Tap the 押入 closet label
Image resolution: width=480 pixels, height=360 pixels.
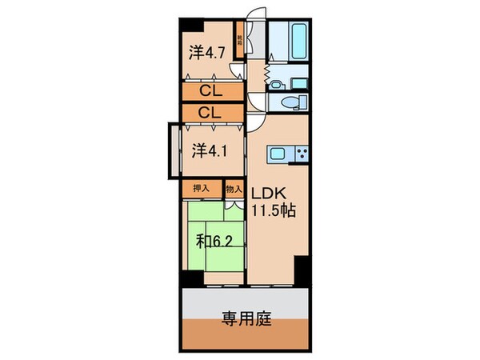[x=202, y=188]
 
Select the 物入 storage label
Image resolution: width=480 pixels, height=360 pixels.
[x=234, y=188]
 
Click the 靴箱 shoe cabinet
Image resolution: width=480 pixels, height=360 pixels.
[x=238, y=37]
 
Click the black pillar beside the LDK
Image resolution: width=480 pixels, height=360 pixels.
[x=302, y=270]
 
